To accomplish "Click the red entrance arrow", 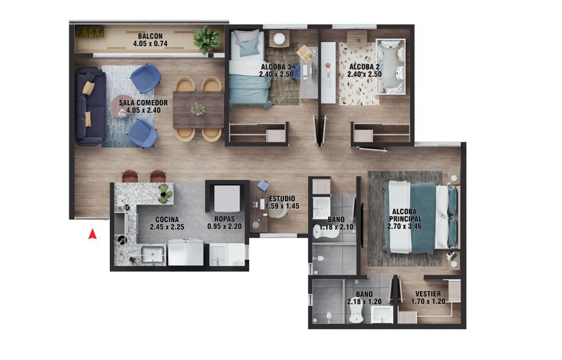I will (x=92, y=235).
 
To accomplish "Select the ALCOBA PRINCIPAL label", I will (x=407, y=214).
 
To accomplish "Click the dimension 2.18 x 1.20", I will (x=363, y=303).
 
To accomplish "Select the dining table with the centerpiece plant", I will (x=198, y=110).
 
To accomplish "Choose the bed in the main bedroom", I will (x=420, y=217).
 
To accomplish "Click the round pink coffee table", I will (x=122, y=106).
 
